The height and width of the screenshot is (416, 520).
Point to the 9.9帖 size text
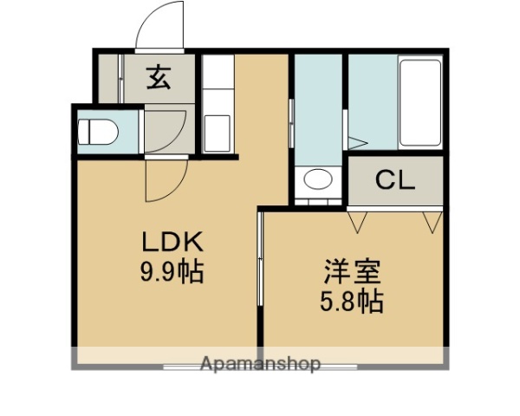pyautogui.click(x=172, y=272)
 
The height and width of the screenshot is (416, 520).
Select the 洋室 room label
pyautogui.click(x=351, y=272)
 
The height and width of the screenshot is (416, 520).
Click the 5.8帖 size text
pyautogui.click(x=351, y=302)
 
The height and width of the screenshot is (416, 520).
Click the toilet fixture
pyautogui.click(x=97, y=132)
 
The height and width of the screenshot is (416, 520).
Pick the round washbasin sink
pyautogui.click(x=317, y=180)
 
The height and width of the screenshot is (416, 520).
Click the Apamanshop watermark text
pyautogui.click(x=260, y=364)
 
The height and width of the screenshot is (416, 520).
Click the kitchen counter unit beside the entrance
pyautogui.click(x=218, y=104)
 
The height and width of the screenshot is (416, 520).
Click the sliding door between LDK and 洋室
pyautogui.click(x=260, y=260)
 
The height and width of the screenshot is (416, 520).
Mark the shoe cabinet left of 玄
pyautogui.click(x=108, y=80)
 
